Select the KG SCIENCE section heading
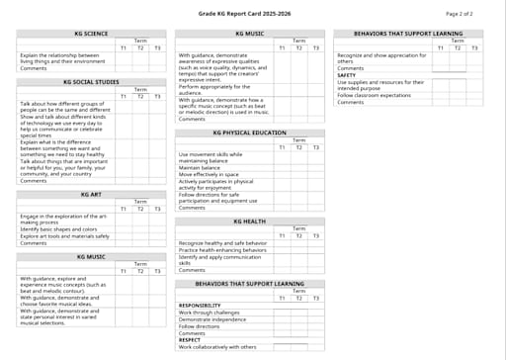click(x=90, y=34)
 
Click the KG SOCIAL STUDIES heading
click(x=90, y=82)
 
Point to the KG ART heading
click(x=90, y=194)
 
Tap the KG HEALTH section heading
click(x=249, y=222)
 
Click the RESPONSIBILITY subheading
click(x=200, y=306)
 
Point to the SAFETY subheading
click(x=346, y=75)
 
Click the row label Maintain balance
click(x=200, y=167)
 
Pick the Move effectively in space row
click(x=208, y=174)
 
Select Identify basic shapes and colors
click(x=58, y=229)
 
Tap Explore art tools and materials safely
click(x=64, y=236)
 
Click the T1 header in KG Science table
click(x=123, y=47)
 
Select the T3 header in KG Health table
click(x=315, y=235)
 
